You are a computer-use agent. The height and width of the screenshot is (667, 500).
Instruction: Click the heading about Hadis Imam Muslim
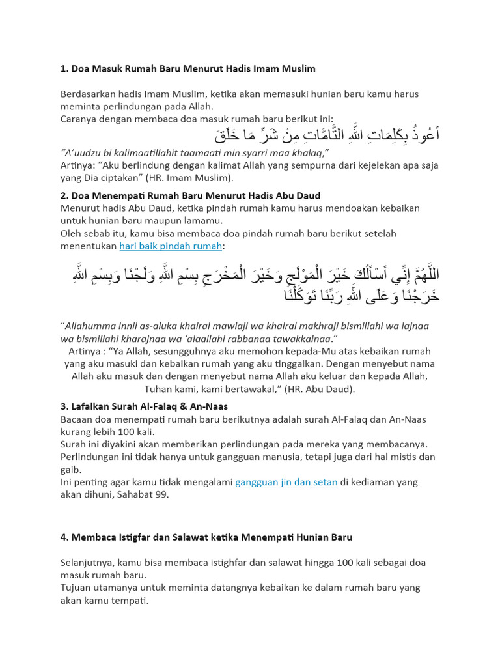(x=187, y=68)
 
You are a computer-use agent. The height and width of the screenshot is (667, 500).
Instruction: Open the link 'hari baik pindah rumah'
(x=171, y=246)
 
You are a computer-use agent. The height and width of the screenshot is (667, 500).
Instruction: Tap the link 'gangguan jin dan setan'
(x=286, y=482)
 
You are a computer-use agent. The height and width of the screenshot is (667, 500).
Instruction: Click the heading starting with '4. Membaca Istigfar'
(x=206, y=537)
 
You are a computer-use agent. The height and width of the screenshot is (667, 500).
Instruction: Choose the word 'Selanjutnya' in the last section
(x=89, y=563)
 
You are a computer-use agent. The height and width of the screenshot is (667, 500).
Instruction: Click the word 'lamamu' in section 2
(x=202, y=221)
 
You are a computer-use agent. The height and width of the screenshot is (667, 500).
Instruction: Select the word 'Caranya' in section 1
(x=79, y=119)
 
